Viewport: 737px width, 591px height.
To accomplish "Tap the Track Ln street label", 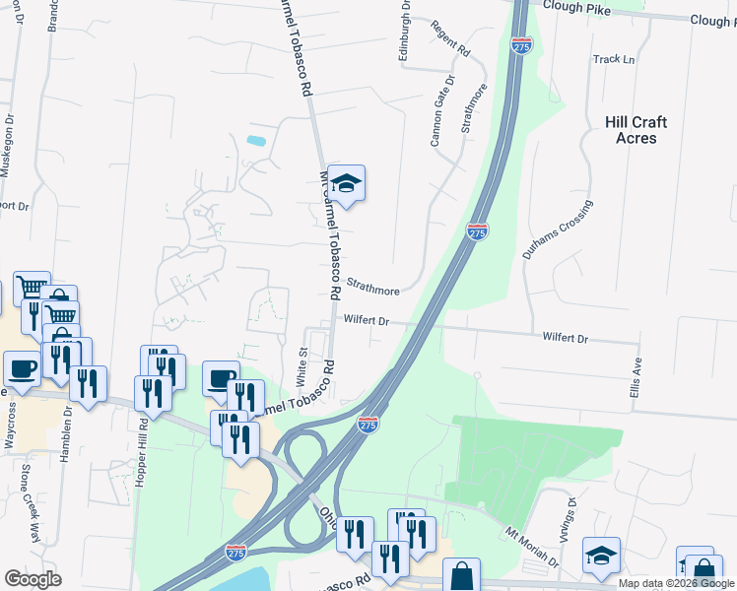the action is pos(614,59).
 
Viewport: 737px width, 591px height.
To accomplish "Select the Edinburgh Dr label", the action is pos(403,32).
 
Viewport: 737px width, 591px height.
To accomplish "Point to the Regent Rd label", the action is pos(450,37).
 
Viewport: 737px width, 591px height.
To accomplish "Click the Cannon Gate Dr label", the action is pos(442,110).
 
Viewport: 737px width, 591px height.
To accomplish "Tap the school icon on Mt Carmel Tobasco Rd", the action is pos(346,184).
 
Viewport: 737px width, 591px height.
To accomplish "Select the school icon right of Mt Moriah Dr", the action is pos(601,556).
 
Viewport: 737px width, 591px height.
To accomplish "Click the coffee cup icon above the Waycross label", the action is pos(21,369).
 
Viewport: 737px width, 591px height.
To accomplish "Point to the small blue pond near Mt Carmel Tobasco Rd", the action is pos(256,141).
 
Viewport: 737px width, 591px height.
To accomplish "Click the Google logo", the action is pos(33,579).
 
